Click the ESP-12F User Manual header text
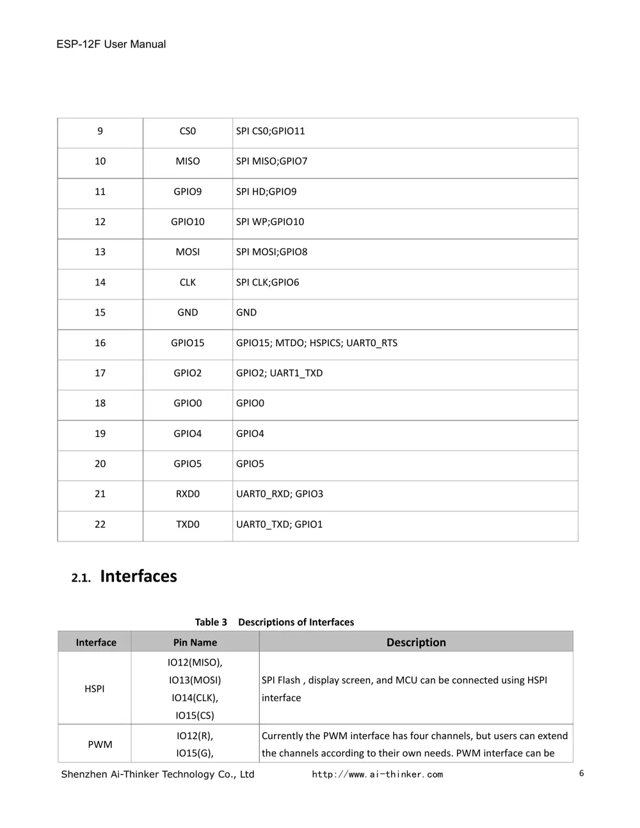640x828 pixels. tap(111, 44)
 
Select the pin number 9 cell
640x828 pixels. tap(100, 131)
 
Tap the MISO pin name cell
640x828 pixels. tap(188, 161)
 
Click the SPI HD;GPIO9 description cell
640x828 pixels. tap(266, 191)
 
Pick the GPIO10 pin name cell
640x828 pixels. tap(188, 221)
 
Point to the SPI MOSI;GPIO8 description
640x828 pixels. tap(271, 251)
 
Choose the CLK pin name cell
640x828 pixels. tap(188, 282)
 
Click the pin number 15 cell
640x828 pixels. tap(100, 312)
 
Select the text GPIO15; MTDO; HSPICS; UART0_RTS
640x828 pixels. tap(316, 343)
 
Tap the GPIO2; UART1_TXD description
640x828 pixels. tap(279, 373)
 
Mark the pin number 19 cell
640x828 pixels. tap(100, 433)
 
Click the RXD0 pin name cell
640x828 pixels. tap(188, 494)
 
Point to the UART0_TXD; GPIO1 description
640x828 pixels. tap(279, 524)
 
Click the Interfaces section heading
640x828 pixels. tap(138, 576)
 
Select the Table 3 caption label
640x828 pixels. tap(211, 622)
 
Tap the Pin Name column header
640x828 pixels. tap(195, 642)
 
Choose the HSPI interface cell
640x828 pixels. tap(94, 689)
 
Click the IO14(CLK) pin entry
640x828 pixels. tap(195, 697)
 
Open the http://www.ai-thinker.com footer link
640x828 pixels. tap(377, 774)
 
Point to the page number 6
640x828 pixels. tap(581, 773)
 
